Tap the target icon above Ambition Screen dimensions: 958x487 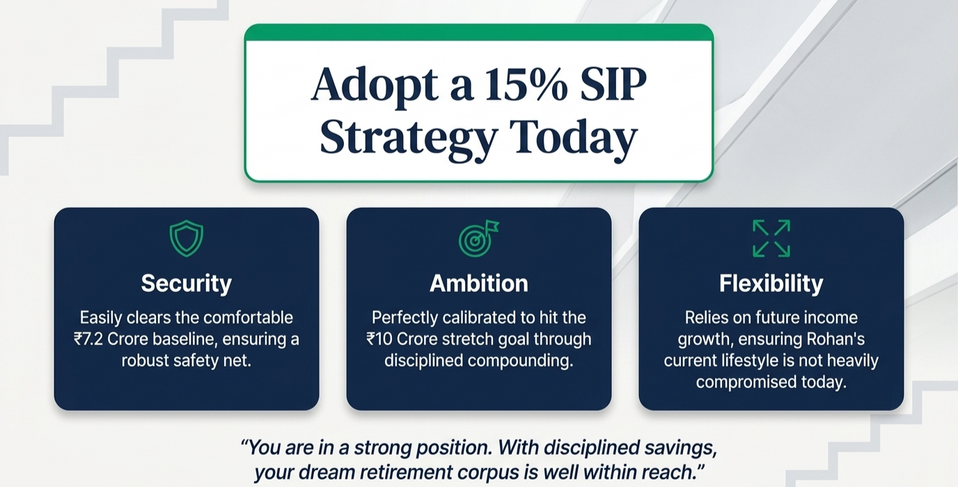click(x=478, y=239)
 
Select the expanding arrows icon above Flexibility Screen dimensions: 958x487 click(x=771, y=239)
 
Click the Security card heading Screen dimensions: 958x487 click(x=187, y=284)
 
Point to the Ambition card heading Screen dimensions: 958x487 click(x=479, y=284)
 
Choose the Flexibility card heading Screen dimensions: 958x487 click(x=771, y=284)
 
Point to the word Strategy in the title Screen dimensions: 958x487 click(x=409, y=138)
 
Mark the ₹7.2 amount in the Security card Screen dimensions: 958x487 click(x=88, y=339)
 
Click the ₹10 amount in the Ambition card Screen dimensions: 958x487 click(x=379, y=339)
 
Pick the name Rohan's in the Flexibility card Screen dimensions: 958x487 click(x=835, y=339)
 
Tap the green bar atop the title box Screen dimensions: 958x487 click(x=478, y=33)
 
